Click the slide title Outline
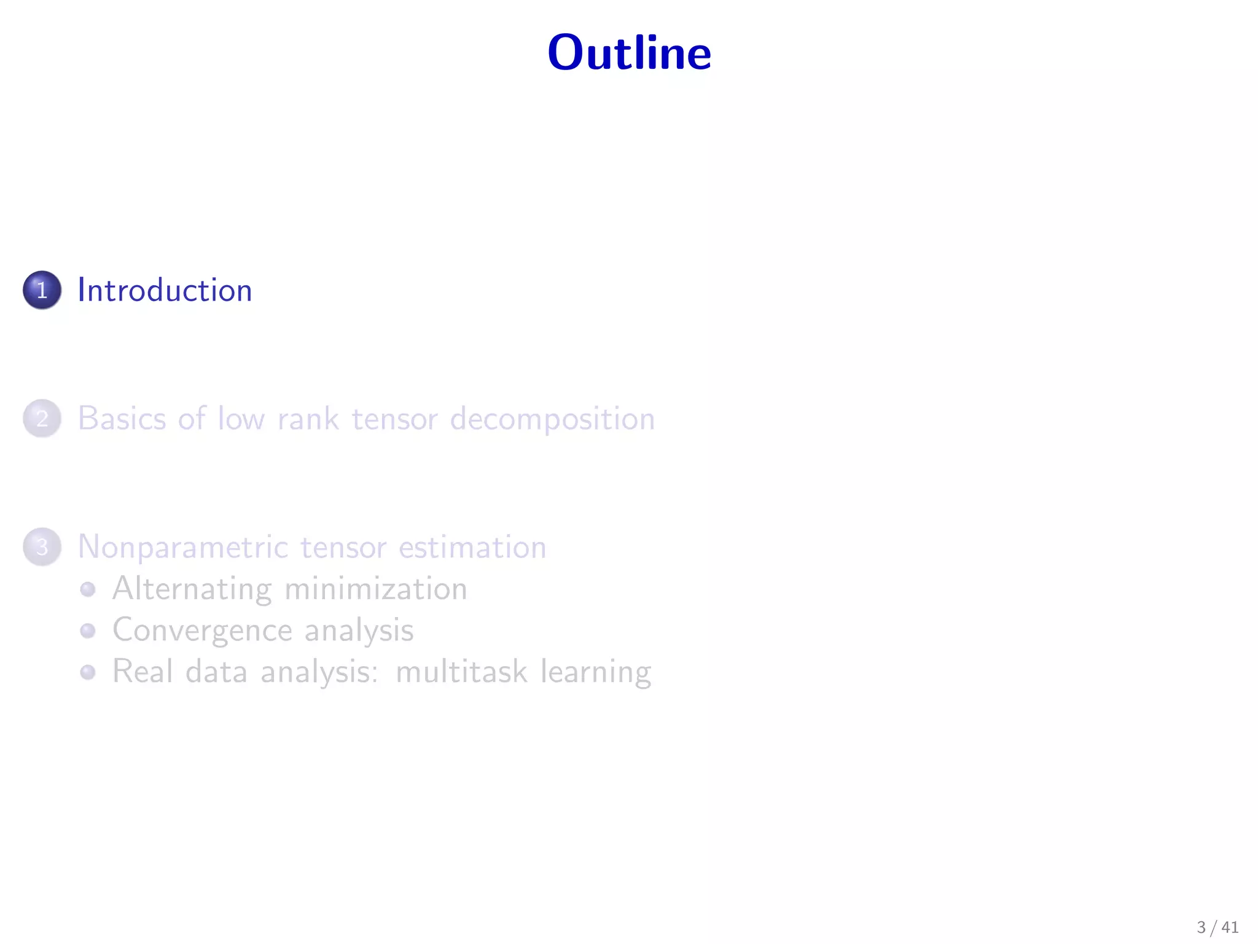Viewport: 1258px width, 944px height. point(629,53)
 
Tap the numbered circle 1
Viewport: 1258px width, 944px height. point(42,290)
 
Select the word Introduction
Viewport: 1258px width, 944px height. point(165,290)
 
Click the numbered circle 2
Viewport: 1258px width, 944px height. point(42,419)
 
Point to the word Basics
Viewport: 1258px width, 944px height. point(122,419)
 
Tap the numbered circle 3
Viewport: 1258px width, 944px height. point(42,547)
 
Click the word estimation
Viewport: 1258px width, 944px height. point(472,547)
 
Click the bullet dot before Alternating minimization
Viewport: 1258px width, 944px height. point(88,589)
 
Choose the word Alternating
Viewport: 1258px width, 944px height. point(192,589)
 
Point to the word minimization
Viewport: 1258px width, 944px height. point(376,589)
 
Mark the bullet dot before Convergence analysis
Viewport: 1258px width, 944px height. point(88,631)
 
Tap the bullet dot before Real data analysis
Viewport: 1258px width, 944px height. point(88,672)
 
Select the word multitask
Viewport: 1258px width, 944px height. point(461,671)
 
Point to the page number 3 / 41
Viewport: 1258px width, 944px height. point(1217,927)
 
